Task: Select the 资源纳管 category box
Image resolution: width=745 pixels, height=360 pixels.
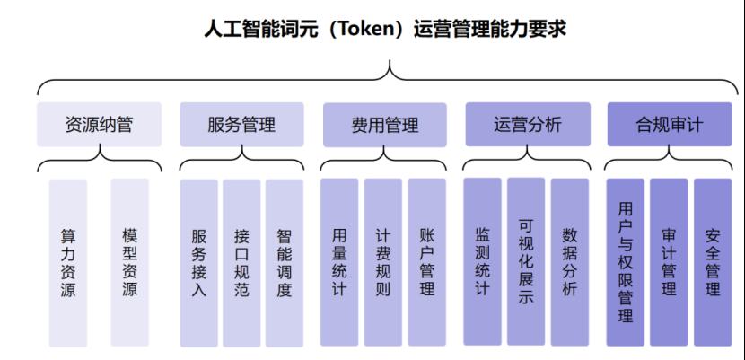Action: pos(100,125)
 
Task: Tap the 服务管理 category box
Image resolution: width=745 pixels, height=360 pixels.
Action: pos(241,125)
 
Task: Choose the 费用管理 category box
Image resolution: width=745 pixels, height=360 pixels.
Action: pos(385,125)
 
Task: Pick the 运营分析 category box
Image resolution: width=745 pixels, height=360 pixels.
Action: pos(528,125)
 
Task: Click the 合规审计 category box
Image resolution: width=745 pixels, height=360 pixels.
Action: pos(670,125)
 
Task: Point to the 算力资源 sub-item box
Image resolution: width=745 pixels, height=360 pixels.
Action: pos(68,263)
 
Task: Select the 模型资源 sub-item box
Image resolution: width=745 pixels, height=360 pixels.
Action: pos(130,263)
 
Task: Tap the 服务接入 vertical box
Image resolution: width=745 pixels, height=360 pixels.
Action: pos(199,263)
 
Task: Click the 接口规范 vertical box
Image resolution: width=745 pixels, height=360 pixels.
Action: pos(241,263)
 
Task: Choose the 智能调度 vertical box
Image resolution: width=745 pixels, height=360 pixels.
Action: pos(285,263)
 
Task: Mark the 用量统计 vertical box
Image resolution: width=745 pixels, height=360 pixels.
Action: pos(339,262)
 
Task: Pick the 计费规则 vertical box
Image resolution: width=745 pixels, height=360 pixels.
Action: pos(383,262)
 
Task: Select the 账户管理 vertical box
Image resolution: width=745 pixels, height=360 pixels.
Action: pos(427,262)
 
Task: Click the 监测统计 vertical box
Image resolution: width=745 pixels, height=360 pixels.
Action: pos(482,261)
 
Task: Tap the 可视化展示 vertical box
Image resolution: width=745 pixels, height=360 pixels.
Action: pos(526,261)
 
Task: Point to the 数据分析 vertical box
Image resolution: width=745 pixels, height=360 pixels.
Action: pos(570,262)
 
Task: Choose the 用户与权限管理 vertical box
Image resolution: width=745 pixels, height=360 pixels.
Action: pos(626,262)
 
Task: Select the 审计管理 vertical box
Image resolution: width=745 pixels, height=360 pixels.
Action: pos(669,262)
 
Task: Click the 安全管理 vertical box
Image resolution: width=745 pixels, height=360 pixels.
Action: pos(713,262)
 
